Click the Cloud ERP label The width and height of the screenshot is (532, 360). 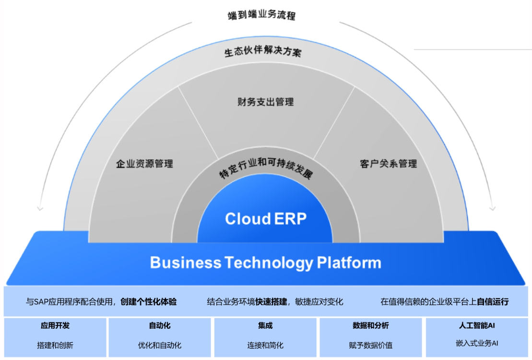pyautogui.click(x=266, y=219)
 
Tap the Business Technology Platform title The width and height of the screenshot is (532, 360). pyautogui.click(x=265, y=263)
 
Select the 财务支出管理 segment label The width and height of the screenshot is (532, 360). pyautogui.click(x=265, y=102)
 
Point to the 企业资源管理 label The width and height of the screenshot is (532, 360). pyautogui.click(x=144, y=164)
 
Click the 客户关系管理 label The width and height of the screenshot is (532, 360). pyautogui.click(x=388, y=164)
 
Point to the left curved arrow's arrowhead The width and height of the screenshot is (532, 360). pyautogui.click(x=40, y=208)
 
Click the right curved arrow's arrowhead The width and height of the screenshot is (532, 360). pyautogui.click(x=492, y=208)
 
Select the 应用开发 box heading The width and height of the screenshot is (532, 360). pyautogui.click(x=55, y=325)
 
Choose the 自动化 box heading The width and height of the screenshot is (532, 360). pyautogui.click(x=160, y=325)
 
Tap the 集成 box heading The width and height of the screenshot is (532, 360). pyautogui.click(x=265, y=325)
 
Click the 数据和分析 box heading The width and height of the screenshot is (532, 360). pyautogui.click(x=371, y=325)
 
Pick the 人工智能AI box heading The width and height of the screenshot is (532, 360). pyautogui.click(x=477, y=325)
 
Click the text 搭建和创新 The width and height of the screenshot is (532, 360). pyautogui.click(x=55, y=345)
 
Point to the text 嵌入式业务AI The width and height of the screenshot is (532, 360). pyautogui.click(x=477, y=343)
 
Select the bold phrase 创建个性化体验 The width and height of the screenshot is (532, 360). pyautogui.click(x=149, y=302)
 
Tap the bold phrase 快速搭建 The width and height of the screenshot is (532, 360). pyautogui.click(x=271, y=302)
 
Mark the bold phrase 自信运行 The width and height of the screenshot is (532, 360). pyautogui.click(x=493, y=302)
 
